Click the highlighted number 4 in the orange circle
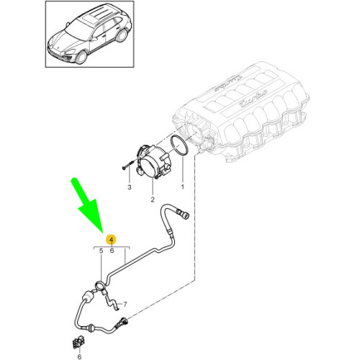[x=112, y=239]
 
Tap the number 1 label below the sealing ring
[x=181, y=187]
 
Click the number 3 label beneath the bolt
[x=130, y=188]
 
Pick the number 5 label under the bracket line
[x=102, y=251]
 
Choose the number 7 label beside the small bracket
[x=124, y=305]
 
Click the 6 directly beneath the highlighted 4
[x=112, y=251]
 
